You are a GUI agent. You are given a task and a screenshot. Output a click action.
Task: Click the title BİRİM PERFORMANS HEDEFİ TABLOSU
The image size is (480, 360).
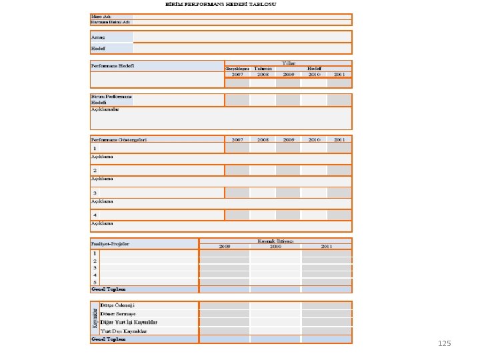(222, 4)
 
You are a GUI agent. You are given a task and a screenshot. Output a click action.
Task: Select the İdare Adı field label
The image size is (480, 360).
(101, 16)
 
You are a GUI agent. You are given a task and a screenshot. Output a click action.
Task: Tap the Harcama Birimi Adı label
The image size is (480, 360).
(111, 22)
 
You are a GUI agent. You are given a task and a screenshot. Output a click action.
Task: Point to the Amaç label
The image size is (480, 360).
(98, 37)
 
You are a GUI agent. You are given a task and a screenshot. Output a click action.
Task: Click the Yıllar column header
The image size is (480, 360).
(289, 63)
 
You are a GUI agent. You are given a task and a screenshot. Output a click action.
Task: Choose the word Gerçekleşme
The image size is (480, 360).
(237, 69)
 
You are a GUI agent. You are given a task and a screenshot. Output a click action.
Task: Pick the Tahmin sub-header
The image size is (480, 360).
(263, 69)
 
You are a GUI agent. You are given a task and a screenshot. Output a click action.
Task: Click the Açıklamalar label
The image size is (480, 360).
(105, 109)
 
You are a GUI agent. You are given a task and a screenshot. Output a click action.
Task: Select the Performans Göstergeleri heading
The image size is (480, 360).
(119, 140)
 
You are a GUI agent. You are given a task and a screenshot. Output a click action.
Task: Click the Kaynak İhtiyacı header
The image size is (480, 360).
(275, 241)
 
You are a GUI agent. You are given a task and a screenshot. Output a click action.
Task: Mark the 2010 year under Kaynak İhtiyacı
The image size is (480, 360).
(275, 247)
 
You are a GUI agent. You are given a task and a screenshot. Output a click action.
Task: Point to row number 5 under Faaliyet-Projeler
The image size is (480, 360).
(95, 282)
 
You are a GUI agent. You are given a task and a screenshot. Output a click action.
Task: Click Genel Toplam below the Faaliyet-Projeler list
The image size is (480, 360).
(108, 289)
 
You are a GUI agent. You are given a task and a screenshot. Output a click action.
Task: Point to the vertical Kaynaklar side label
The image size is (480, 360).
(94, 318)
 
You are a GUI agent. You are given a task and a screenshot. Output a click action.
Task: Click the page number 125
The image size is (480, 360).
(445, 343)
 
